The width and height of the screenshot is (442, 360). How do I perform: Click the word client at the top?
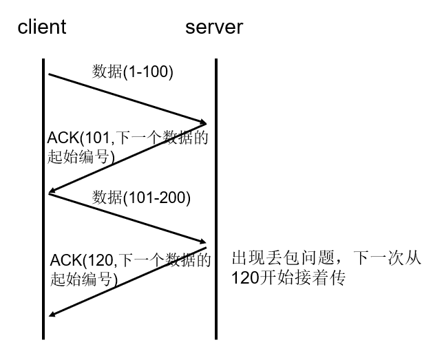[42, 28]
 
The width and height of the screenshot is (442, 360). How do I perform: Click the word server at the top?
[214, 28]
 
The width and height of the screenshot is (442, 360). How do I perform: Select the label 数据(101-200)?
[141, 198]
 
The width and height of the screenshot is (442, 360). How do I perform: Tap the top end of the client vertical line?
[44, 61]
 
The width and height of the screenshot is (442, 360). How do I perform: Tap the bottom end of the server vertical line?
[215, 338]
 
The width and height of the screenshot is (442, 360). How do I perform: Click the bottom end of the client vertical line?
[44, 338]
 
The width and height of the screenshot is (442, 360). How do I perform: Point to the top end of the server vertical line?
[215, 61]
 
